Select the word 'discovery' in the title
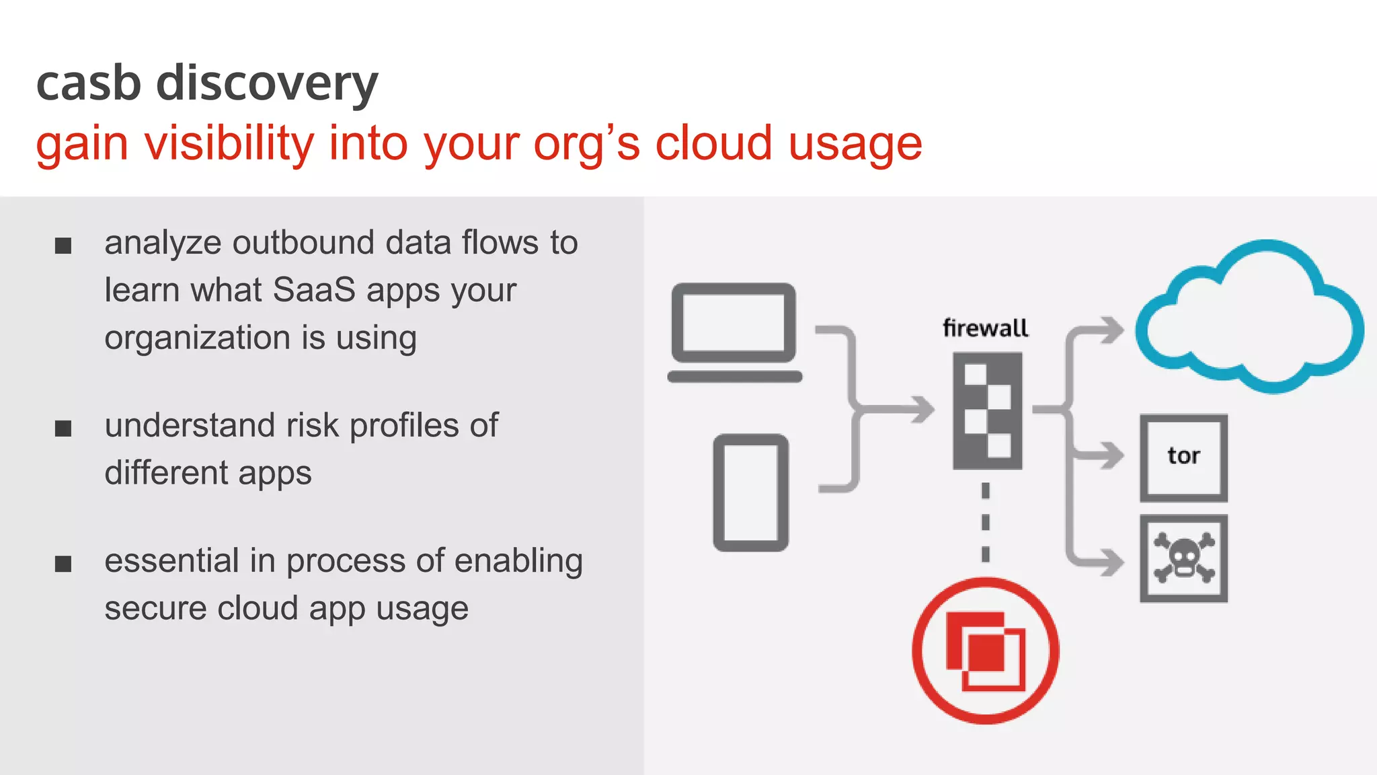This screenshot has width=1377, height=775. (x=267, y=85)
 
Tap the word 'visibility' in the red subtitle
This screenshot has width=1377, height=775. (x=230, y=144)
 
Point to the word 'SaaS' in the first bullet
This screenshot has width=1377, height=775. (x=314, y=291)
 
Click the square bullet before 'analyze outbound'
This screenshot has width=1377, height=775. (x=63, y=246)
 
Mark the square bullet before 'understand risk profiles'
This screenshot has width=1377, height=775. (x=63, y=428)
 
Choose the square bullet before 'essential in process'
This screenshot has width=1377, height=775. (x=63, y=563)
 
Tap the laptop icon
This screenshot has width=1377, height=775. (x=734, y=332)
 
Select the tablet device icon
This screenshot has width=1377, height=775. (x=750, y=492)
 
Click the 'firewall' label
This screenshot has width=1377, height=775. (x=985, y=328)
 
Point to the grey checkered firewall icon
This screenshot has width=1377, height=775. (x=987, y=410)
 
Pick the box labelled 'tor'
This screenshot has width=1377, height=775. (x=1183, y=457)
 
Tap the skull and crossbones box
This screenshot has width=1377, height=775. (x=1183, y=558)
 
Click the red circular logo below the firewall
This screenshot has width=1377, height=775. (x=985, y=651)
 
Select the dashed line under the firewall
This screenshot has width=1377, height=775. (x=986, y=522)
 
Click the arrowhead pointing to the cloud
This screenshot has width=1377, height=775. (x=1113, y=330)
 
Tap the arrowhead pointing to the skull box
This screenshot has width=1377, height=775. (x=1113, y=562)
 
